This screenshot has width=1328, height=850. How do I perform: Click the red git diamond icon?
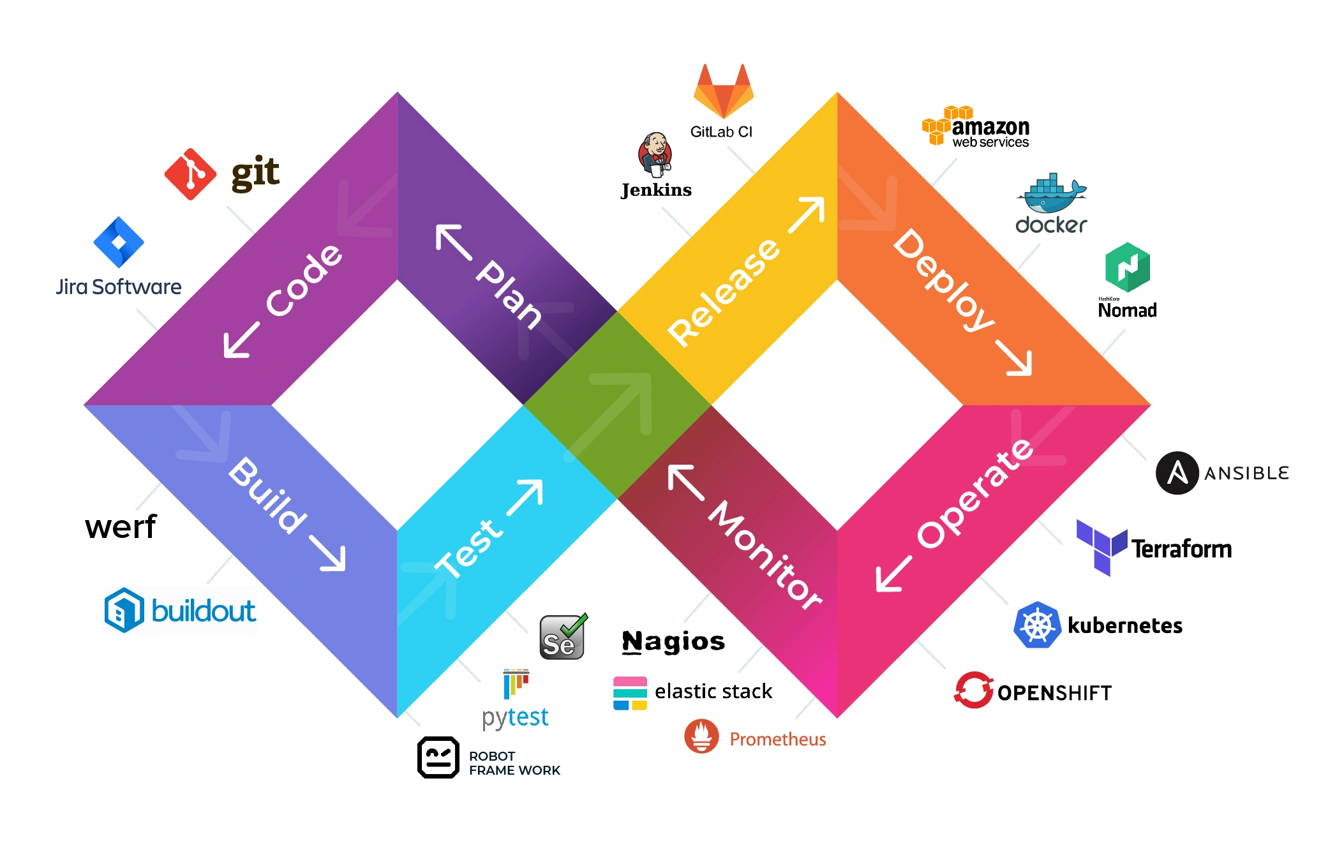190,174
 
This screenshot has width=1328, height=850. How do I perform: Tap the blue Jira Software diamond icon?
119,242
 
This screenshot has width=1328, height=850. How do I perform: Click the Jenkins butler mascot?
655,154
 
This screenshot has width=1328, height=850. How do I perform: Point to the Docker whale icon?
1052,194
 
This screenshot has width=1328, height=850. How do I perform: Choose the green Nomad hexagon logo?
1128,267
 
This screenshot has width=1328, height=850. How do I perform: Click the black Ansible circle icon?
1177,473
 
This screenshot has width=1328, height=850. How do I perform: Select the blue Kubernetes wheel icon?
1038,625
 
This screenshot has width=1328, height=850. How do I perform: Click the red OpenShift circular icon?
974,690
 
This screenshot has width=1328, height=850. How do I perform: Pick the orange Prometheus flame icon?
701,736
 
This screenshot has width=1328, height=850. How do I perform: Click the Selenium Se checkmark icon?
562,637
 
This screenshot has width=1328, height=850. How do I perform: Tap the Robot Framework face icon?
438,757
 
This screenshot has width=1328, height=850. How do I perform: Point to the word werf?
121,527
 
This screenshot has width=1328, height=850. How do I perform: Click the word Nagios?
673,641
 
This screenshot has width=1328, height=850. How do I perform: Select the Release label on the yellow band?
723,293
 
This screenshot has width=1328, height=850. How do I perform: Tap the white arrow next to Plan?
453,242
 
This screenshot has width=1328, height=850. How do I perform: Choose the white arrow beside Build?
328,553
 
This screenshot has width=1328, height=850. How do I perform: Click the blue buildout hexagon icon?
124,611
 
